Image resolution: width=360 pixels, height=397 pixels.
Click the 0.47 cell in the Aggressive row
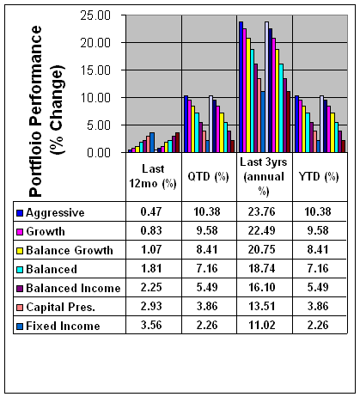(x=151, y=211)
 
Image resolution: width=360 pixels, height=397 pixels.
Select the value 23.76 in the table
(x=262, y=211)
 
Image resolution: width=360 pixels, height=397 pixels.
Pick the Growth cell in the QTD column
(x=207, y=230)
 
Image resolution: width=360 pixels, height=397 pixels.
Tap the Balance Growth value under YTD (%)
(x=318, y=249)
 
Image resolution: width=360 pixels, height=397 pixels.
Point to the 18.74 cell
(x=262, y=268)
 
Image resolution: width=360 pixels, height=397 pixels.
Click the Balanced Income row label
(x=73, y=288)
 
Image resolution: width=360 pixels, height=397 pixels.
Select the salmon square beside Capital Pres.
(x=20, y=308)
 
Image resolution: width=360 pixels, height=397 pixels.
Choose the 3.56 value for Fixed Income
(x=151, y=325)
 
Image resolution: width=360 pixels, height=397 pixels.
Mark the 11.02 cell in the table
(x=262, y=325)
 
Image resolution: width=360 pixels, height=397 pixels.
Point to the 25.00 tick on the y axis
(x=95, y=15)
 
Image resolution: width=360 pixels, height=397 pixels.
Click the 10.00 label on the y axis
(x=95, y=98)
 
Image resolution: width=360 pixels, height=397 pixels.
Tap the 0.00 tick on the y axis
(x=99, y=153)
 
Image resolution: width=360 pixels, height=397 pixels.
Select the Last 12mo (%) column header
(x=153, y=176)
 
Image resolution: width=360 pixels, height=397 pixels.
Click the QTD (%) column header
(x=208, y=176)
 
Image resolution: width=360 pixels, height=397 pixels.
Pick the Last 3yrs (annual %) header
(x=264, y=176)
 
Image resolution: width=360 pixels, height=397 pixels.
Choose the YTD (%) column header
(x=319, y=176)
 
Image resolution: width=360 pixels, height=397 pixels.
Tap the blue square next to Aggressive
(x=20, y=213)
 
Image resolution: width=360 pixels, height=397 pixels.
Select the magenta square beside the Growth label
(x=20, y=232)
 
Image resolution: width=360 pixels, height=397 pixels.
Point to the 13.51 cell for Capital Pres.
(x=262, y=306)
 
